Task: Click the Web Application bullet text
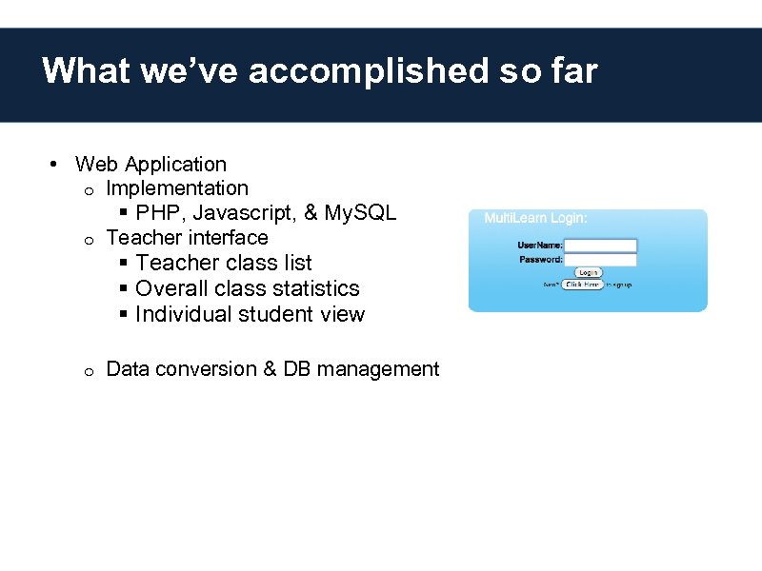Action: [150, 165]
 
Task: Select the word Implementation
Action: [177, 188]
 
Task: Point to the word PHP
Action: [157, 212]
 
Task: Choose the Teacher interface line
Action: [187, 237]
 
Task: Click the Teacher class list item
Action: [224, 263]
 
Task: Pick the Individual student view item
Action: [250, 314]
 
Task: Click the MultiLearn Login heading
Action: [536, 218]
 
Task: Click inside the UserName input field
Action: [601, 246]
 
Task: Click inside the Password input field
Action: [601, 260]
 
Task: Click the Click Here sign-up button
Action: [582, 284]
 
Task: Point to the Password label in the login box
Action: [540, 260]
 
